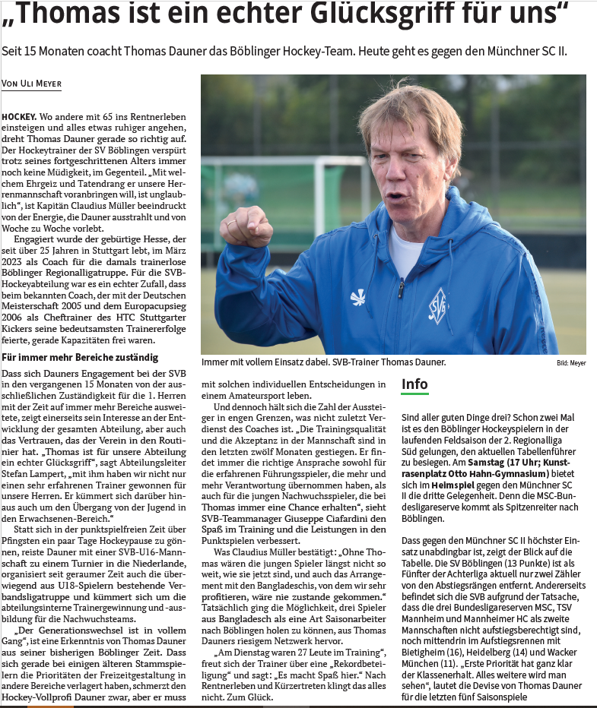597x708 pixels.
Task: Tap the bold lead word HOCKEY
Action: [19, 117]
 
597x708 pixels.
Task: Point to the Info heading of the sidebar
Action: [414, 384]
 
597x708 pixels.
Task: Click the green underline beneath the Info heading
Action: [414, 394]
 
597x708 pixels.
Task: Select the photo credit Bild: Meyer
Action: [571, 364]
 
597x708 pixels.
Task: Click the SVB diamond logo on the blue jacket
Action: [438, 305]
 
